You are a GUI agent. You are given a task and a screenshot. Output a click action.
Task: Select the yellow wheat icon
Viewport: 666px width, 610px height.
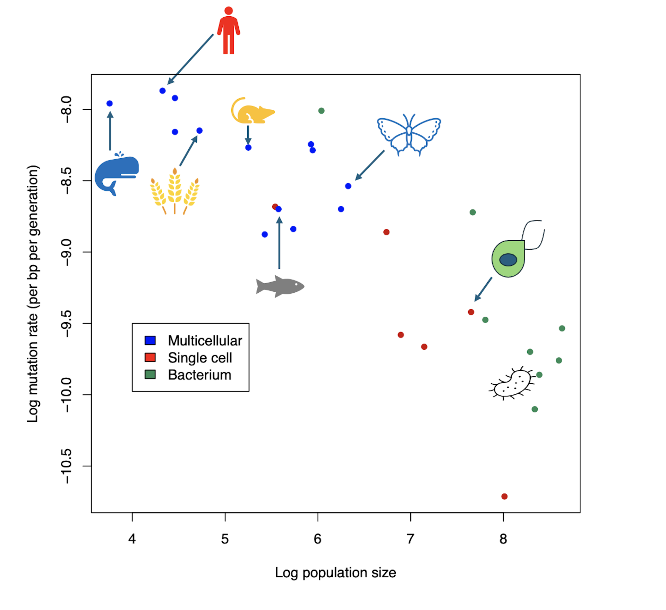click(174, 192)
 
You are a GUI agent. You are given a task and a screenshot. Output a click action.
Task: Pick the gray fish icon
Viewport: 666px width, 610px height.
click(280, 286)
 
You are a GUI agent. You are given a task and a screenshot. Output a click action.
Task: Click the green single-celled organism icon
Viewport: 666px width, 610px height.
click(509, 258)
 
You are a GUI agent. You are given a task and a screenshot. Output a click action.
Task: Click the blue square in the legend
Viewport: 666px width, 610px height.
click(150, 340)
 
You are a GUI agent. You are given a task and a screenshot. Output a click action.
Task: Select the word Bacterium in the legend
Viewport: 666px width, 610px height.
click(199, 375)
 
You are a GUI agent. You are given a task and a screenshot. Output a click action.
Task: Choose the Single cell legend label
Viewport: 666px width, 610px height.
click(200, 358)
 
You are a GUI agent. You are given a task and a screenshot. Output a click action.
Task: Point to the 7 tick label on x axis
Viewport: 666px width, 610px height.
click(410, 539)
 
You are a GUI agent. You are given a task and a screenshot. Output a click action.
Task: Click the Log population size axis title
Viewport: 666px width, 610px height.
click(335, 573)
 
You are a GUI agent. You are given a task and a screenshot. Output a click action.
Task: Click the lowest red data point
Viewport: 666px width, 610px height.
click(504, 496)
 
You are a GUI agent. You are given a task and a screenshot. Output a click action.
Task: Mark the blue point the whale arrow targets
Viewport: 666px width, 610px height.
click(110, 103)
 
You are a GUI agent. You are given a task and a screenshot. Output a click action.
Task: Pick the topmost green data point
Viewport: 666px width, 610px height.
click(321, 111)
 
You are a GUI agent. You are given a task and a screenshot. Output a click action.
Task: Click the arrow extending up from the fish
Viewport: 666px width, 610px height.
click(279, 243)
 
